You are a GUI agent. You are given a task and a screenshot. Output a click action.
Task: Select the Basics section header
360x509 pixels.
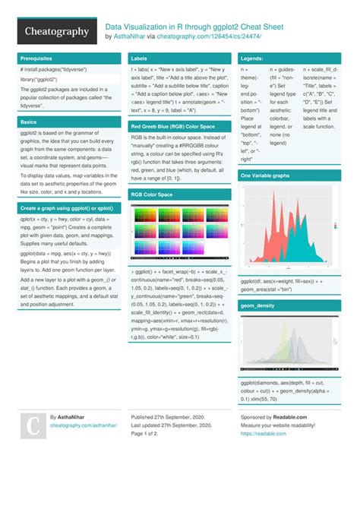(x=28, y=122)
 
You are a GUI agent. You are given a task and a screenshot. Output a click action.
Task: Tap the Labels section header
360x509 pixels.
(x=139, y=58)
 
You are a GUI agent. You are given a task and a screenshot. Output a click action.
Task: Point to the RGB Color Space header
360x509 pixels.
(x=152, y=195)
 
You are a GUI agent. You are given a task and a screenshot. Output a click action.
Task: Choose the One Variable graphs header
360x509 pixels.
(x=265, y=175)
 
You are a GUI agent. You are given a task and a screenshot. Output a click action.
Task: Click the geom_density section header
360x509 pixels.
(x=258, y=305)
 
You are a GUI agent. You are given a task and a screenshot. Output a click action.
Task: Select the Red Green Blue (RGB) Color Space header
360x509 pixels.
(x=172, y=127)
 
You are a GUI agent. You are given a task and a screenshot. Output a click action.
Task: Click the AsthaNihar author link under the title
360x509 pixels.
(x=130, y=36)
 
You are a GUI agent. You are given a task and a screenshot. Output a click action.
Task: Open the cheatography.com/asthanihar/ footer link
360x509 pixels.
(x=84, y=425)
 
